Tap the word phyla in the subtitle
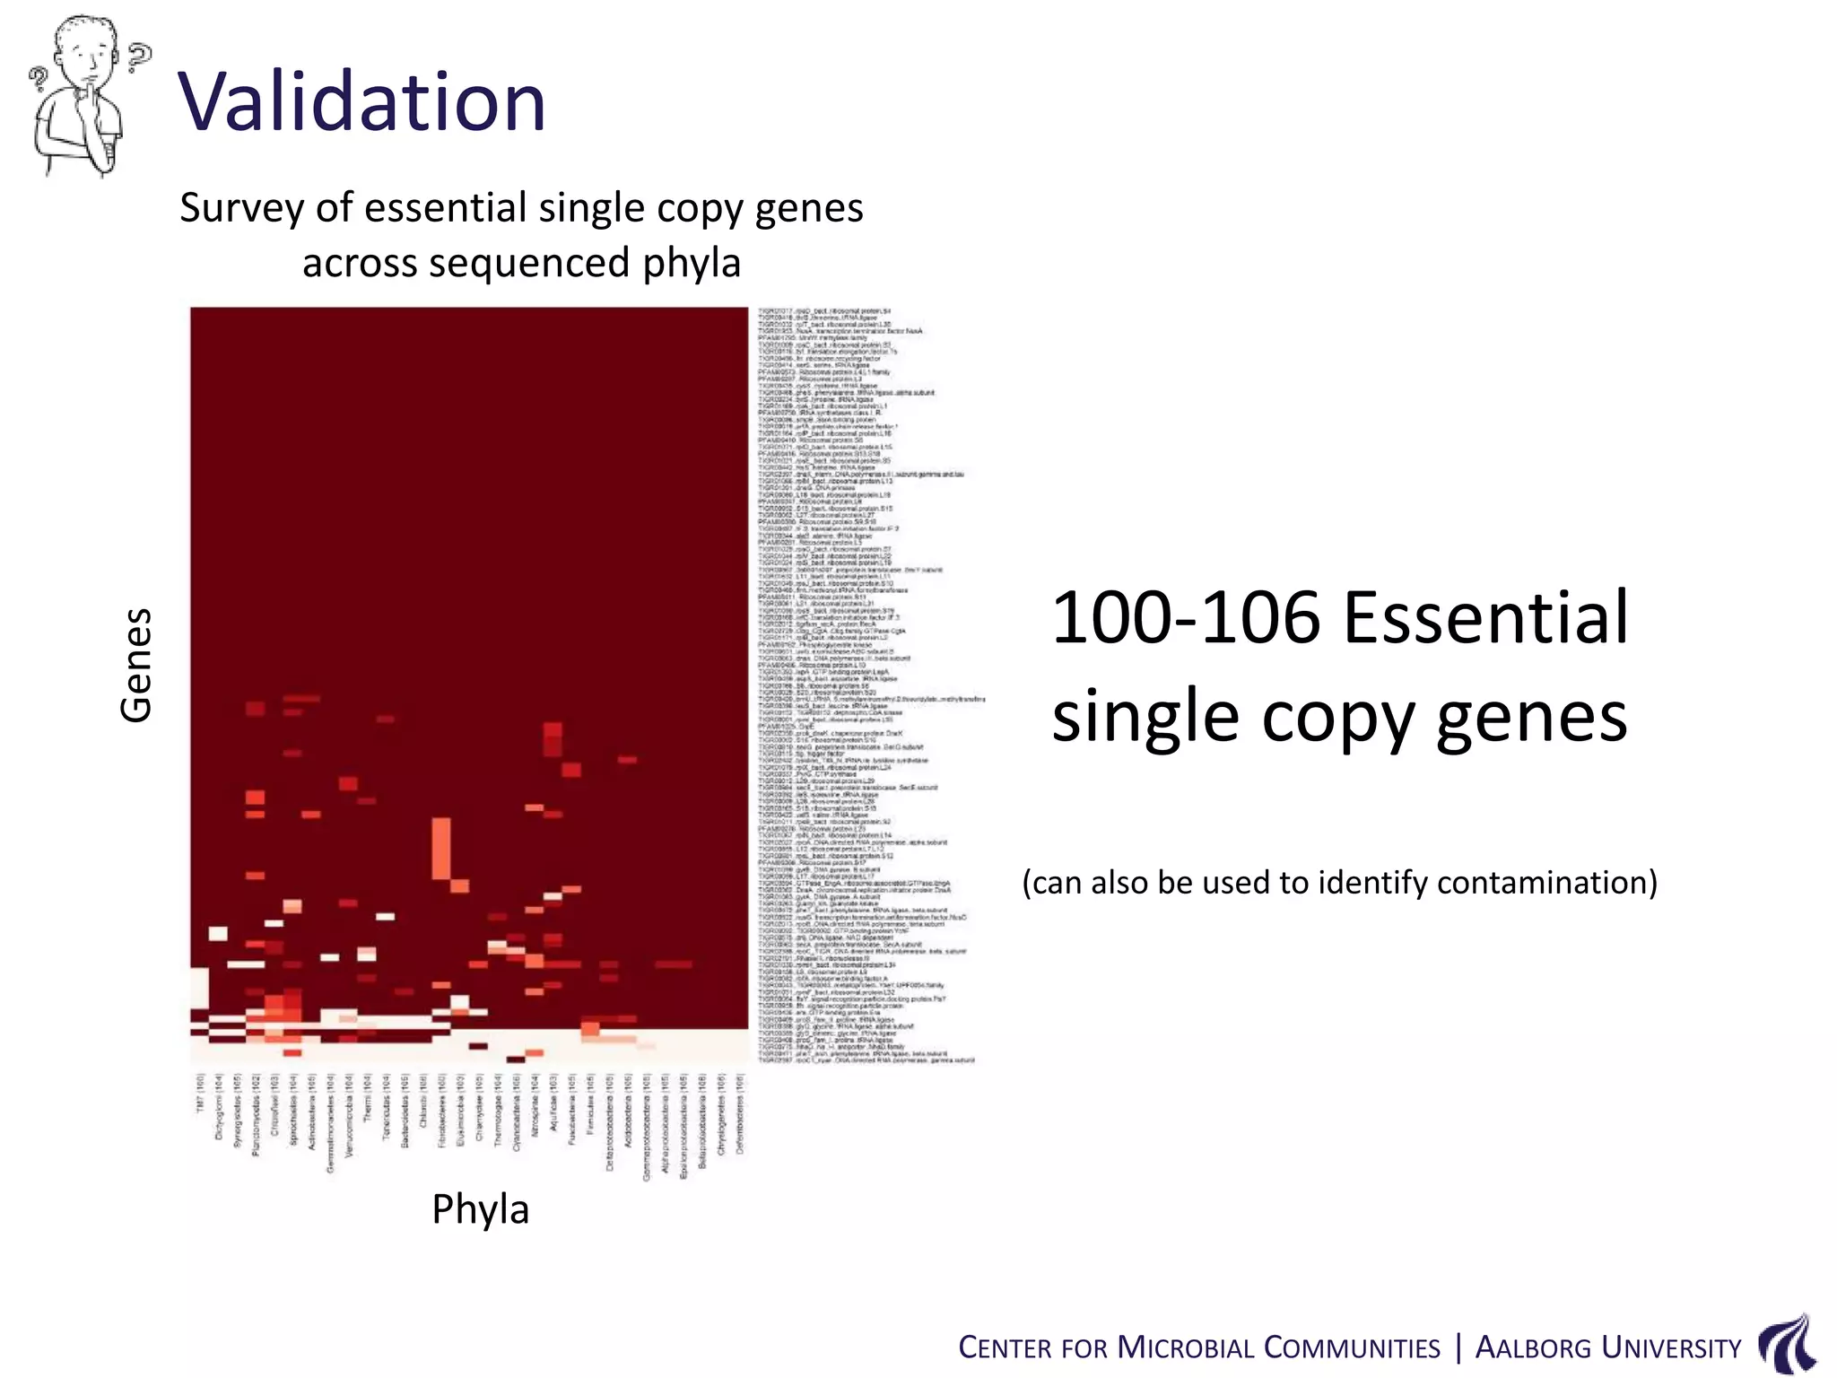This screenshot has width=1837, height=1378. pos(691,264)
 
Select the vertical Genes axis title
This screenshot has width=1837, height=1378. pos(136,665)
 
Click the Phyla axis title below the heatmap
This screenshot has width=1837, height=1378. pos(480,1209)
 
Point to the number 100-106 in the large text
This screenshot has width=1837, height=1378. pos(1186,618)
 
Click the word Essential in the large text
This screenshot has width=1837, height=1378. pos(1485,618)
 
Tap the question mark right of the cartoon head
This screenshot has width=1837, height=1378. pos(139,57)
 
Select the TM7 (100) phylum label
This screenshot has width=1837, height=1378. pos(201,1095)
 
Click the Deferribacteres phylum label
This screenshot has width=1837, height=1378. pos(740,1113)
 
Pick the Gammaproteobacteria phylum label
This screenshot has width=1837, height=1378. pos(647,1127)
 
